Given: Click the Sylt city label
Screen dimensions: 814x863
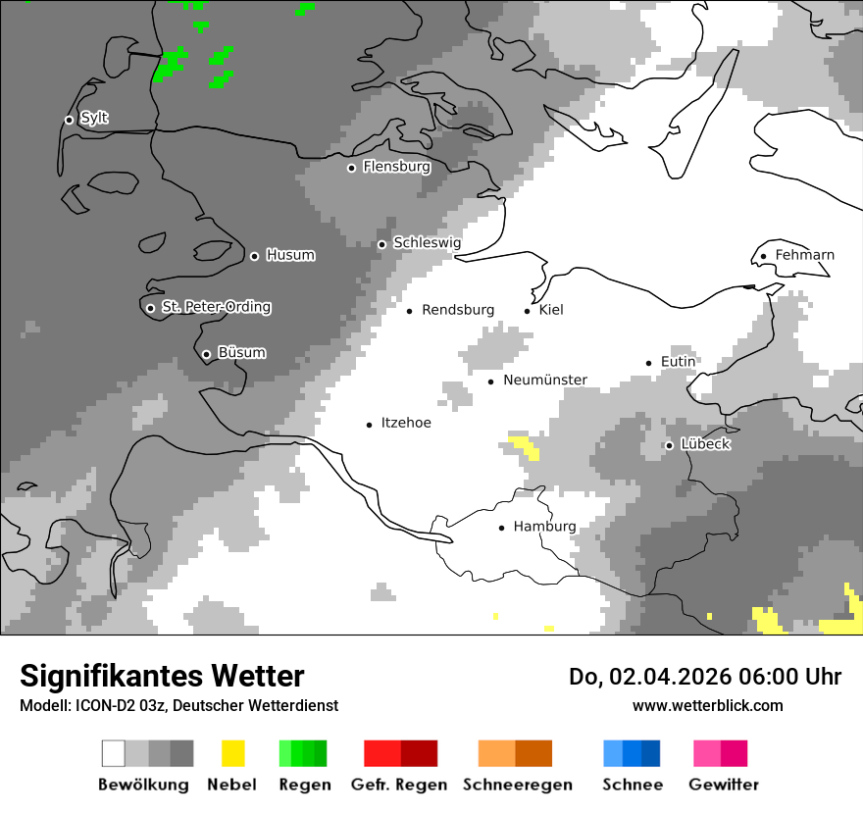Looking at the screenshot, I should point(94,119).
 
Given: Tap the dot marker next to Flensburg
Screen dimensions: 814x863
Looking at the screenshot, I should point(351,168).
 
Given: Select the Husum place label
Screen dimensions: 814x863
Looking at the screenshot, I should point(290,256).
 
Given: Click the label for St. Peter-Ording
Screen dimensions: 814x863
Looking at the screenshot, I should point(216,308).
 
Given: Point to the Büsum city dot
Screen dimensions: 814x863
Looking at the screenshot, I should point(206,354).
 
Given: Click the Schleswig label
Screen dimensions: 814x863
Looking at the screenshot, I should point(427,243).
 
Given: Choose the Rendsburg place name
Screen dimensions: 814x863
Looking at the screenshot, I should point(458,310).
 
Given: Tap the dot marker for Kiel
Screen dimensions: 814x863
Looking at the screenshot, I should point(528,311).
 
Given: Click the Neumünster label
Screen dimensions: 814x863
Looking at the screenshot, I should point(545,381).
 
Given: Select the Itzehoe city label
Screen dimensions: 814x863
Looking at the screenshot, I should point(405,424).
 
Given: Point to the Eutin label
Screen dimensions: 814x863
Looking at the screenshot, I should point(678,362).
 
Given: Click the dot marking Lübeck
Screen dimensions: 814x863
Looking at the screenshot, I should point(669,445).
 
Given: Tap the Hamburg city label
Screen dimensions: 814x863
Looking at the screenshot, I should point(544,527).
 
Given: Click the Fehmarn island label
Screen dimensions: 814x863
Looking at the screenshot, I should point(804,256).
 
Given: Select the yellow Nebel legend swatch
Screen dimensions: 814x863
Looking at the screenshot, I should point(232,753).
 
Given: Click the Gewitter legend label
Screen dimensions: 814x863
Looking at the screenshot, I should point(724,785).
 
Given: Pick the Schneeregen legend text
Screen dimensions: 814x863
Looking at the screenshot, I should point(518,785).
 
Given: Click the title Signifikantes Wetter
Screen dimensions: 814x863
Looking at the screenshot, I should point(162,677).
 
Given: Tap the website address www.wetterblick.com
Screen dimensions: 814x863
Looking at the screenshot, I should point(707,705).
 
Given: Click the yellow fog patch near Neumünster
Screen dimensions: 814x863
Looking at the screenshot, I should point(526,446).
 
